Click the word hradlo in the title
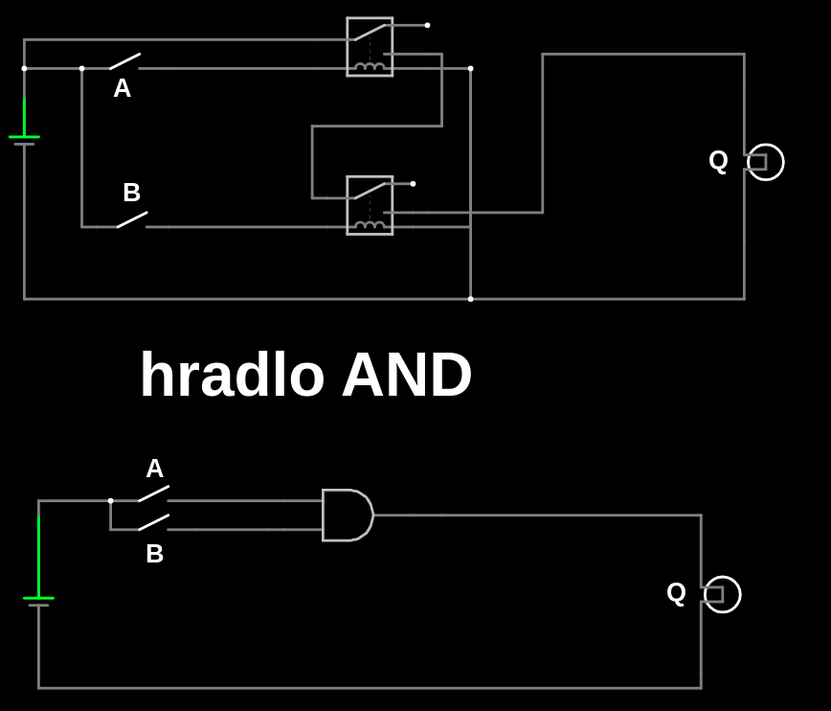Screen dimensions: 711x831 pyautogui.click(x=232, y=375)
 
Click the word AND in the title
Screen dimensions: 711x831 pyautogui.click(x=407, y=375)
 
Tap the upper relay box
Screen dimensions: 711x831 pyautogui.click(x=370, y=46)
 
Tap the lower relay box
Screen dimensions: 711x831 pyautogui.click(x=370, y=205)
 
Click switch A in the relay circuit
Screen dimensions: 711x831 pyautogui.click(x=124, y=61)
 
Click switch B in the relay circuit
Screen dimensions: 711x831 pyautogui.click(x=132, y=219)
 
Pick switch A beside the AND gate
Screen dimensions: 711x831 pyautogui.click(x=153, y=493)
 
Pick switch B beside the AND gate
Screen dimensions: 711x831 pyautogui.click(x=153, y=522)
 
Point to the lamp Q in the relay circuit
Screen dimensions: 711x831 pyautogui.click(x=765, y=162)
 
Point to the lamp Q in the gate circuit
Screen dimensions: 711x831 pyautogui.click(x=722, y=594)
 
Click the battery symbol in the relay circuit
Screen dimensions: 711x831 pyautogui.click(x=24, y=140)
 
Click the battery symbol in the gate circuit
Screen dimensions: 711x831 pyautogui.click(x=38, y=601)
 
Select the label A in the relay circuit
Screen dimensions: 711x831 pyautogui.click(x=123, y=88)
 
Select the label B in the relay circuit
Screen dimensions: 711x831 pyautogui.click(x=132, y=193)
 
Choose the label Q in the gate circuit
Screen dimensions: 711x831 pyautogui.click(x=677, y=592)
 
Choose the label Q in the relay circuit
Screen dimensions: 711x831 pyautogui.click(x=719, y=160)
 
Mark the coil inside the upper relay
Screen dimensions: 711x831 pyautogui.click(x=370, y=66)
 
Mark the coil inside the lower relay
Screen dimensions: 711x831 pyautogui.click(x=370, y=225)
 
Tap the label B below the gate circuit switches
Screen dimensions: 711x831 pyautogui.click(x=155, y=554)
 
